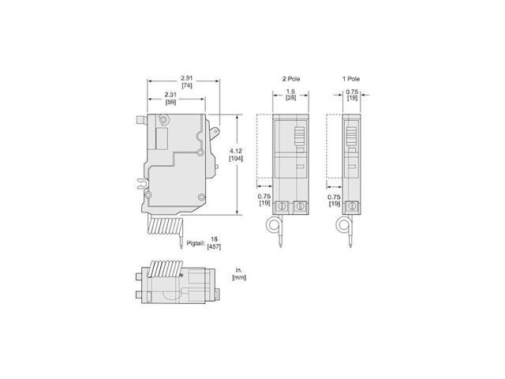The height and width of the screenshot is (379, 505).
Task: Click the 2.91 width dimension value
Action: point(186,77)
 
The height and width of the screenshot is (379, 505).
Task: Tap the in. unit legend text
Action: point(237,270)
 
